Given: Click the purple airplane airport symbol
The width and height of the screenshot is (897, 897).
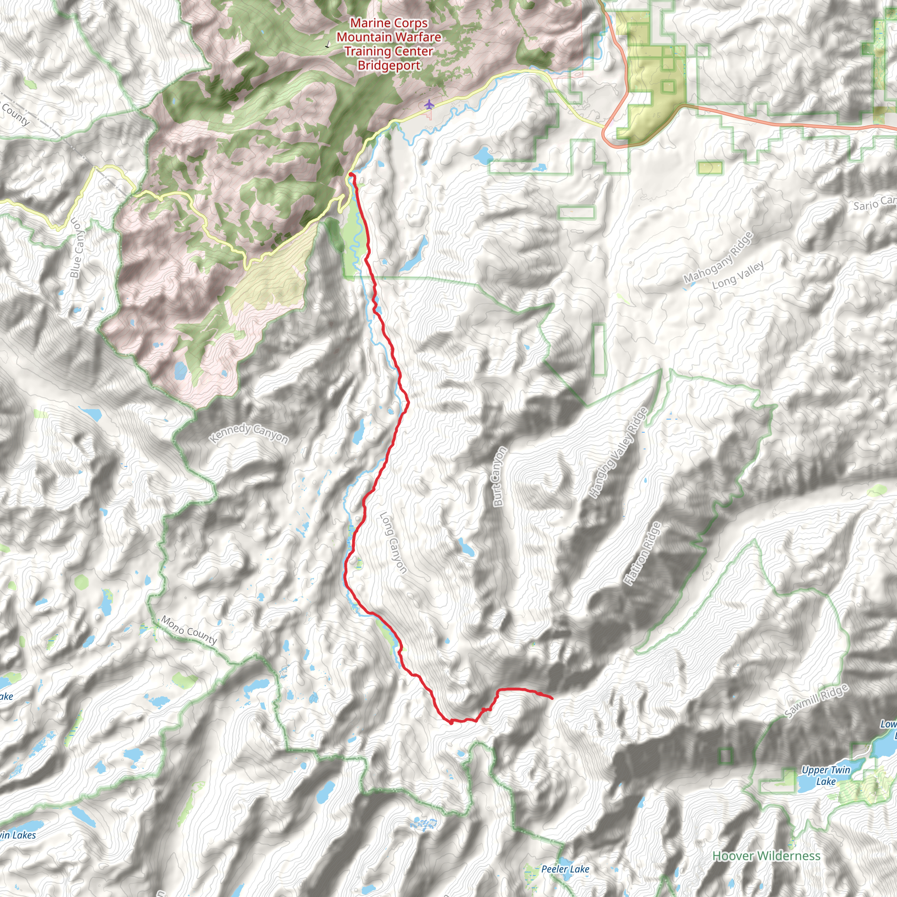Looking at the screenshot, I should pyautogui.click(x=429, y=105).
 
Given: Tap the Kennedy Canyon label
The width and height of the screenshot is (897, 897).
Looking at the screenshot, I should pyautogui.click(x=248, y=433).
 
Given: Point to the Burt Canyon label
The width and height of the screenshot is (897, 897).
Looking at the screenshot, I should pyautogui.click(x=498, y=476).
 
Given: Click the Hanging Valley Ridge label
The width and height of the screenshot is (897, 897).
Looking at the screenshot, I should pyautogui.click(x=617, y=453).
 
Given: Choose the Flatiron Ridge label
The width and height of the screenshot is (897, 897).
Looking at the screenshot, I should pyautogui.click(x=643, y=554).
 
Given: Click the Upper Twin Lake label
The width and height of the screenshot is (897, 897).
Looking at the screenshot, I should pyautogui.click(x=826, y=776).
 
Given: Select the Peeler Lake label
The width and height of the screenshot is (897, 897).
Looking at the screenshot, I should pyautogui.click(x=565, y=869).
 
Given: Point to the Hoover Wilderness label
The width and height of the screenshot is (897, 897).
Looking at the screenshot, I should pyautogui.click(x=766, y=856).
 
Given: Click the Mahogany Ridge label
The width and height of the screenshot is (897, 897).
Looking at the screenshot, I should pyautogui.click(x=718, y=257).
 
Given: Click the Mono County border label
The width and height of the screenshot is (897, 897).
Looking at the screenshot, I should pyautogui.click(x=189, y=630).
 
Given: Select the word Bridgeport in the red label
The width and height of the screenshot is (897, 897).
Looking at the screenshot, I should pyautogui.click(x=388, y=65).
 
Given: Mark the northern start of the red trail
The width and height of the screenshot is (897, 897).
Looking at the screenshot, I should pyautogui.click(x=350, y=175).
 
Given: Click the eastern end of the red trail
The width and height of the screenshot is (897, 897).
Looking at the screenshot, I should pyautogui.click(x=551, y=698).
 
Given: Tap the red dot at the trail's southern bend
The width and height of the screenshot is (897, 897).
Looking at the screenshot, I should pyautogui.click(x=451, y=722).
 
